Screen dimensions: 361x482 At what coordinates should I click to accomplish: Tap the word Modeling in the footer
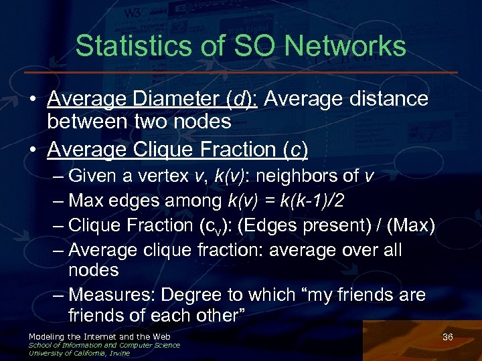[x=46, y=336]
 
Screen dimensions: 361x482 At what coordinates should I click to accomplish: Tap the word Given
[x=92, y=176]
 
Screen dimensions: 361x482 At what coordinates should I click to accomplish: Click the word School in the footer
[x=39, y=345]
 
